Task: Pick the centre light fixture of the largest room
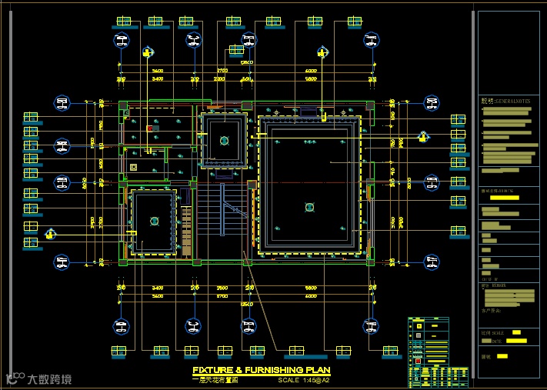tap(309, 206)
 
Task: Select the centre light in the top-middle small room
tap(224, 140)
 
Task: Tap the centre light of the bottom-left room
tap(154, 221)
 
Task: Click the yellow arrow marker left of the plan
tap(51, 234)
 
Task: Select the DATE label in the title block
tap(496, 341)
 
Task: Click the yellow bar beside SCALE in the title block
tap(517, 332)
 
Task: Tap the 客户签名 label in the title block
tap(491, 311)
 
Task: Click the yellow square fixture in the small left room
tap(133, 166)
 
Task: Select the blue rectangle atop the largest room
tap(308, 112)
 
